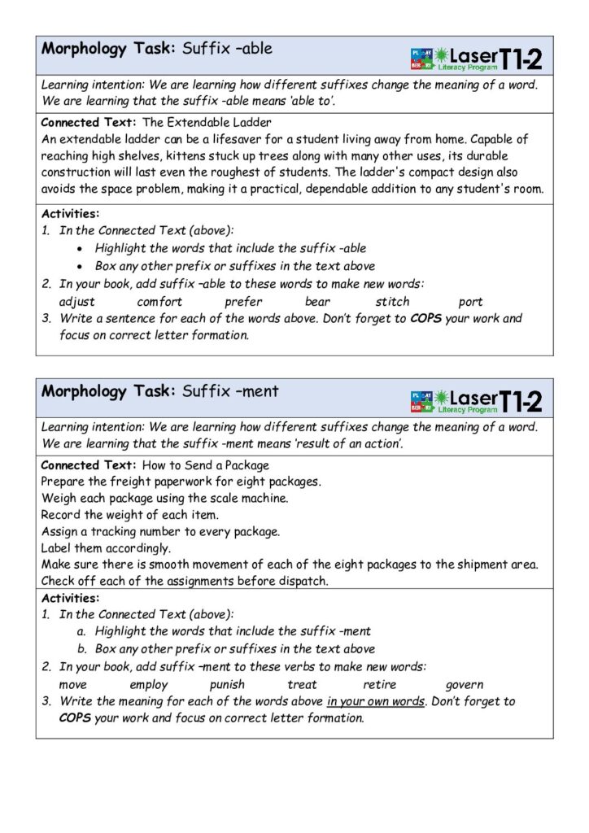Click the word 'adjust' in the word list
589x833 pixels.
(76, 302)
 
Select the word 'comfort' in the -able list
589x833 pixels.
(159, 302)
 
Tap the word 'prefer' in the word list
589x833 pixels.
(243, 302)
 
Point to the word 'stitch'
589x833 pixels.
(392, 302)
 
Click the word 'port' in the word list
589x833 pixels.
(470, 302)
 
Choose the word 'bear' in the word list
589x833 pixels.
(317, 302)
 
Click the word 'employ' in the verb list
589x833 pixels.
(149, 685)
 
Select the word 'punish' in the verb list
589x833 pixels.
(227, 685)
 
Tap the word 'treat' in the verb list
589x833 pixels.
(302, 685)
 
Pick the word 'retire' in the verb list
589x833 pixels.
(380, 685)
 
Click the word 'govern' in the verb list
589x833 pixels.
(465, 685)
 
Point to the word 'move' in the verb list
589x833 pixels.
(73, 685)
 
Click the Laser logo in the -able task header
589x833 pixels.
(476, 58)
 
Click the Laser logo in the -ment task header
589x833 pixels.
(476, 400)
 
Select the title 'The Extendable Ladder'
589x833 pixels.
(207, 123)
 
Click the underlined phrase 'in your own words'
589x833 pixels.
(376, 701)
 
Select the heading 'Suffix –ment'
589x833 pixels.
(230, 391)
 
